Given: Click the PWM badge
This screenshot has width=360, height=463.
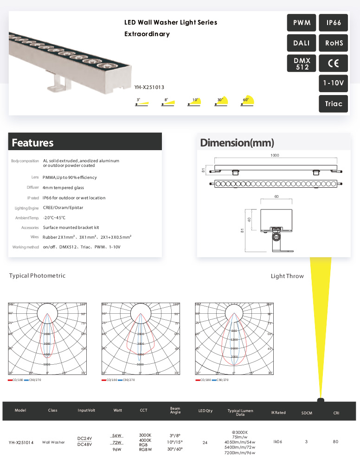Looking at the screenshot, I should [x=302, y=23].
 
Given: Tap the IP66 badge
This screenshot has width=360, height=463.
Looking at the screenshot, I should [x=334, y=23].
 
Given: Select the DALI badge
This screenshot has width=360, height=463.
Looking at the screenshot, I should [x=302, y=43].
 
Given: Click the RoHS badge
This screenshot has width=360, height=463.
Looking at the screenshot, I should [x=334, y=43].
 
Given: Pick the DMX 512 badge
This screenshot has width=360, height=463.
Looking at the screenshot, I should [x=302, y=63].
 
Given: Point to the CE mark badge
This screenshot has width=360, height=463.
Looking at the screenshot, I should [x=334, y=63].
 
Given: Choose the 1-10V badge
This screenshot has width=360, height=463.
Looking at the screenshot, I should [x=334, y=83].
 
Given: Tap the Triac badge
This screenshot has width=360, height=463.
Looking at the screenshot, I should [x=334, y=104].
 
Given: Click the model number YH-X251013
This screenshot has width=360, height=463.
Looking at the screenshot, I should [x=149, y=87].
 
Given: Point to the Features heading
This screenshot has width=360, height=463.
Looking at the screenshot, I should [x=32, y=143].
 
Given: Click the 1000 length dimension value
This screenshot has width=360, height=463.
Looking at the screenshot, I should [x=275, y=156].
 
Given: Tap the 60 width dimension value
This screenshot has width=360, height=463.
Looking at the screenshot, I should [x=276, y=197].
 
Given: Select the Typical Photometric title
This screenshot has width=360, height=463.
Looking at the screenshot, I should [x=37, y=276].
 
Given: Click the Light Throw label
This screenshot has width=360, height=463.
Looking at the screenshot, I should [x=287, y=276].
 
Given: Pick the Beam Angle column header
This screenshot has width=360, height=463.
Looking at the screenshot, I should [x=175, y=411].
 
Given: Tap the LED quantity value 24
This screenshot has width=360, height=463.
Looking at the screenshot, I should [x=205, y=443].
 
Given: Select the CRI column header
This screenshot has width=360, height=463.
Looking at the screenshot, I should [x=335, y=412].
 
